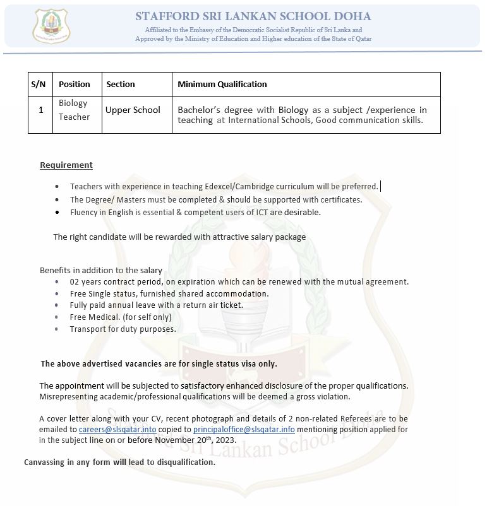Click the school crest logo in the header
coord(52,26)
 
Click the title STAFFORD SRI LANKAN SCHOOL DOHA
coord(253,16)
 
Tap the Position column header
coord(75,84)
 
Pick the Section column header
coord(121,84)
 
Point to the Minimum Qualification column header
coord(222,84)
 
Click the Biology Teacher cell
coord(75,110)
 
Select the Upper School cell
coord(133,110)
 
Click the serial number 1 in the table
coord(40,110)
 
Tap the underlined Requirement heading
coord(66,165)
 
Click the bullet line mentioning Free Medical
coord(121,317)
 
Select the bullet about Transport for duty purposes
coord(123,329)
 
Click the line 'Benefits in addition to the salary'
coord(101,270)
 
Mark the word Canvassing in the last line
coord(44,462)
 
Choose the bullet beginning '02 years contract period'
coord(239,281)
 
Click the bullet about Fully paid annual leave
coord(156,305)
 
